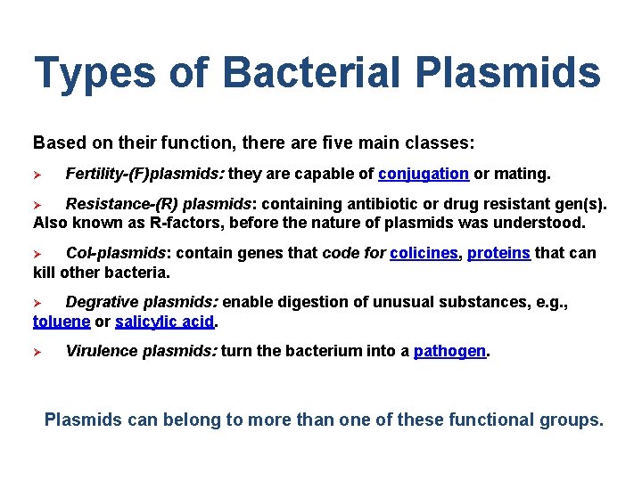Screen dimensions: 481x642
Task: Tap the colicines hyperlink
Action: (x=424, y=253)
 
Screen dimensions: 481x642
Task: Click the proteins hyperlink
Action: (x=498, y=253)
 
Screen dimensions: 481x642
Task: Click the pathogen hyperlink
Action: (x=450, y=351)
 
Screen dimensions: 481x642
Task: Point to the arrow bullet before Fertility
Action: (x=38, y=174)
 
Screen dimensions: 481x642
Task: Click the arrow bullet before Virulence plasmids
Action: (x=38, y=352)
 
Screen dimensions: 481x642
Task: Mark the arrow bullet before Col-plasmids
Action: (x=38, y=254)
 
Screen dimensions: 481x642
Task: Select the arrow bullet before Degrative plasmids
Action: (x=38, y=303)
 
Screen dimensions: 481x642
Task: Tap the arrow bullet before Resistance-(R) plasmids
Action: (x=38, y=205)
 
